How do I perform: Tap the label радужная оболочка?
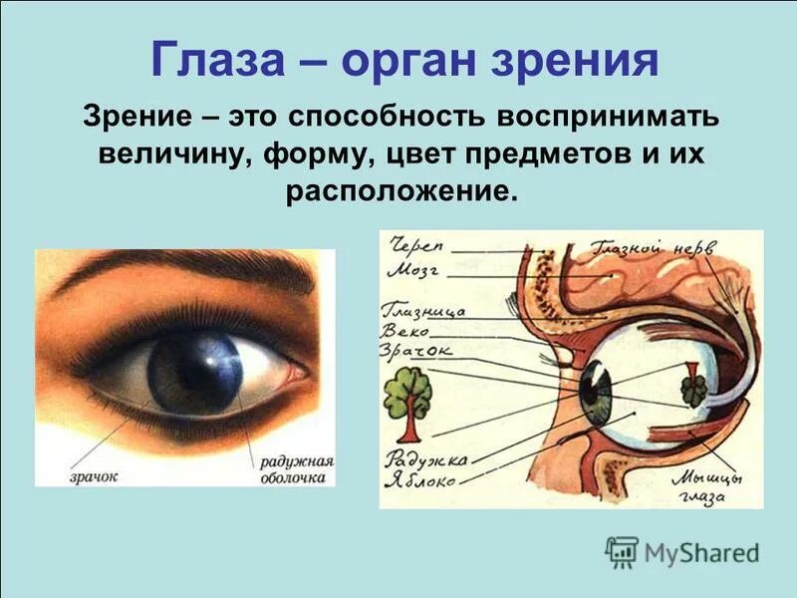(x=297, y=470)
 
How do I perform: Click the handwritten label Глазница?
(x=423, y=309)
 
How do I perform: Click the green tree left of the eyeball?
(x=407, y=401)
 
